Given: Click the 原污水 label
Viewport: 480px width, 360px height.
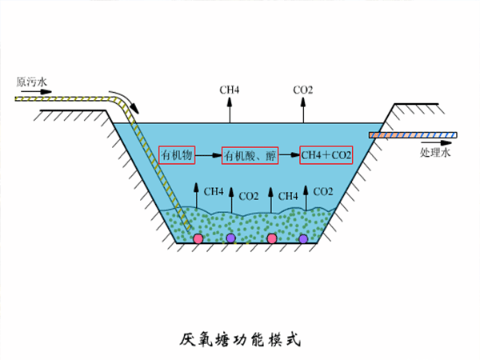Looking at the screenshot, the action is (31, 82).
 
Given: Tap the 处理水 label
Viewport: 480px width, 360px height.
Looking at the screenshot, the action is (435, 152).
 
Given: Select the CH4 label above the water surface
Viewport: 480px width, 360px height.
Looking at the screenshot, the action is (230, 90).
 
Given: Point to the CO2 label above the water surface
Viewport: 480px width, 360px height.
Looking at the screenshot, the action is (302, 90).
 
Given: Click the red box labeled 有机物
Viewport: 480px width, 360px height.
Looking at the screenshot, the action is (177, 155).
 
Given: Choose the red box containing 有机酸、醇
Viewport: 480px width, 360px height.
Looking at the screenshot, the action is (250, 155).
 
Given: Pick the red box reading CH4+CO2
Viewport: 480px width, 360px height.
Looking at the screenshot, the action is (326, 155).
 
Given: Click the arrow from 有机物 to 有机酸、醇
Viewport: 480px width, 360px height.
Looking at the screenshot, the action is (209, 155).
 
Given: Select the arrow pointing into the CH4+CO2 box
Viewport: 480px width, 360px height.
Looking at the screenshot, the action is (289, 155).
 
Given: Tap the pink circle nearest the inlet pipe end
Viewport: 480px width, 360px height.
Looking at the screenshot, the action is (198, 238).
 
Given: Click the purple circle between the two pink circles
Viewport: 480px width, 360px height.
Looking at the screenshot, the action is (230, 238).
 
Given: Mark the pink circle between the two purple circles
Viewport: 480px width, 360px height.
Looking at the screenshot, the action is (272, 238).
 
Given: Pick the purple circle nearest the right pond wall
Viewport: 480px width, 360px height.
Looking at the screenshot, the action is (303, 238).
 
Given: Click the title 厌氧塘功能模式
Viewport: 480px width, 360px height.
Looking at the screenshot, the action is (240, 339).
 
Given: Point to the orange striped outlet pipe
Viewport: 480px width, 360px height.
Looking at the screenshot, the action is (413, 135).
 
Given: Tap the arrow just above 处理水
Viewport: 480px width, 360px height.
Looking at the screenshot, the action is (436, 142).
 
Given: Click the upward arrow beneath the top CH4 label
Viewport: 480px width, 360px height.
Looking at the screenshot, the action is (230, 110).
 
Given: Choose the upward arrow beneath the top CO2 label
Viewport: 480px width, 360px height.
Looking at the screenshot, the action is (303, 110).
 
